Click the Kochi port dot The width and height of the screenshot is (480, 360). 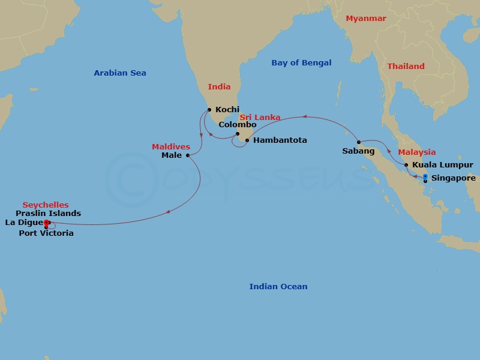[209, 109]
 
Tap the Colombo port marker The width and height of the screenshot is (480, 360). [238, 134]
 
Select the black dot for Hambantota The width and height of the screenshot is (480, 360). [247, 140]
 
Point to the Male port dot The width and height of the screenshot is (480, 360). [188, 155]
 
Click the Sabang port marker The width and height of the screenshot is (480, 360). [359, 142]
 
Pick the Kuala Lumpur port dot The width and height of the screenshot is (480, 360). [406, 165]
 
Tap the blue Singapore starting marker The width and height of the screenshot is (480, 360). [425, 176]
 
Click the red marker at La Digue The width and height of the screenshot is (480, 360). [46, 223]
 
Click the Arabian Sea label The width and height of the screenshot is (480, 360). [120, 73]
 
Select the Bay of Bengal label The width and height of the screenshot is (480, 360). [301, 63]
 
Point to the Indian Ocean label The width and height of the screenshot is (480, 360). [278, 287]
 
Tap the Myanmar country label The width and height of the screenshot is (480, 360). [366, 19]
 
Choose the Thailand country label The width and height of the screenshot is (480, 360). [406, 67]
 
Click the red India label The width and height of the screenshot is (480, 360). [219, 87]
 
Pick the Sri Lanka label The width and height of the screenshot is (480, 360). [260, 118]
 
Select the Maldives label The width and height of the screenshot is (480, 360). [171, 147]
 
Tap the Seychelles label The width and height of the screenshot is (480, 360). [46, 205]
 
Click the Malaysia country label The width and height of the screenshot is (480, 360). [417, 152]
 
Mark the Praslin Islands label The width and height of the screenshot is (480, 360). [49, 214]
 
